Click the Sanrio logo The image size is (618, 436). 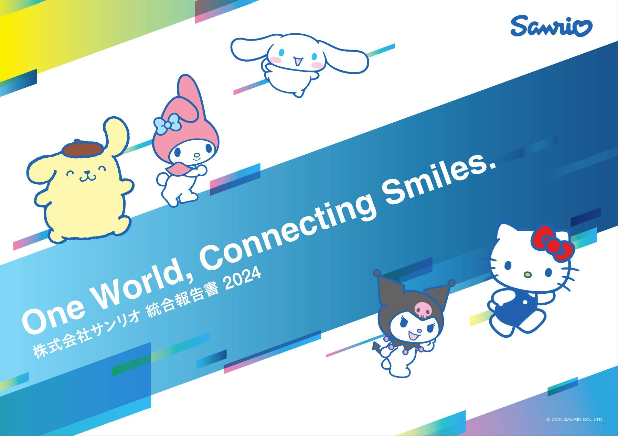pyautogui.click(x=551, y=26)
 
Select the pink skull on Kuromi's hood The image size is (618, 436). pyautogui.click(x=422, y=309)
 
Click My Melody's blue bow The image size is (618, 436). pyautogui.click(x=167, y=124)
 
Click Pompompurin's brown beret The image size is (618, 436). pyautogui.click(x=83, y=148)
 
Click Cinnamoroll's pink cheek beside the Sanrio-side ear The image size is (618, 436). pyautogui.click(x=316, y=64)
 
